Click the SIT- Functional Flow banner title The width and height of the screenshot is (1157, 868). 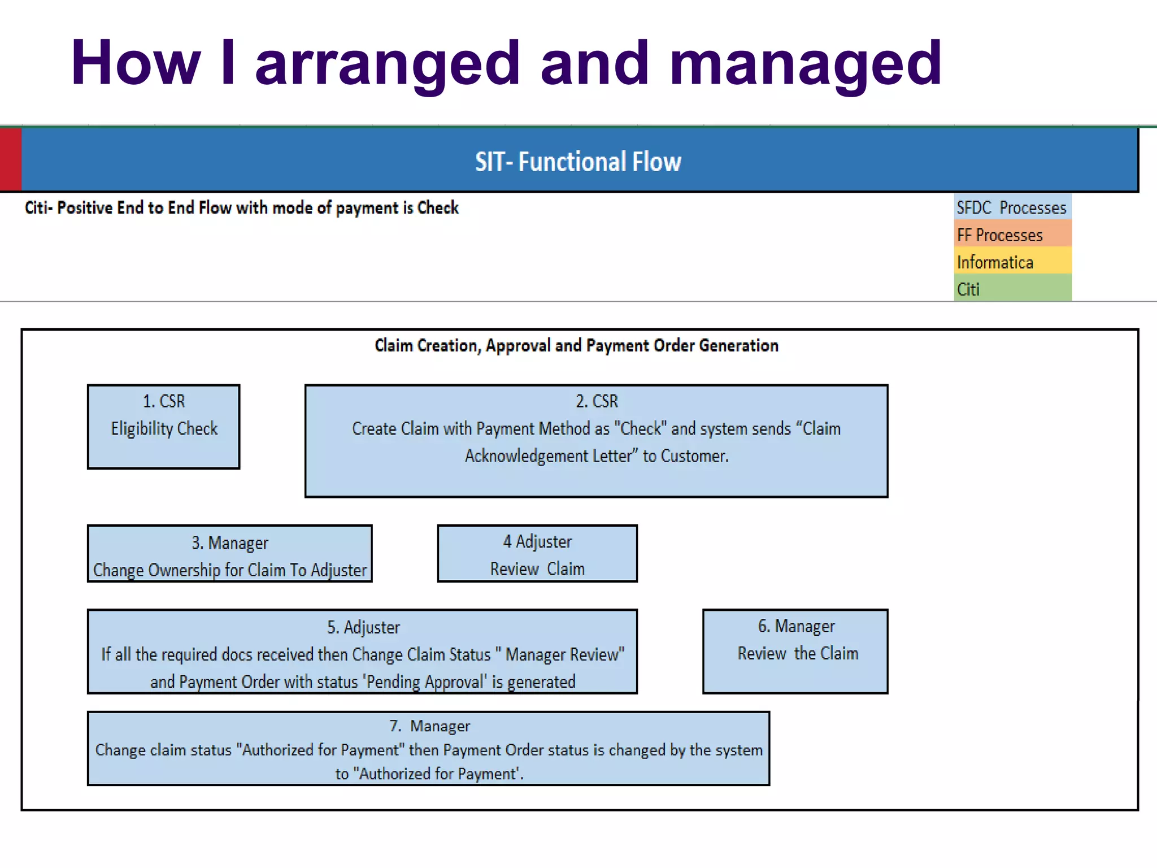(x=578, y=162)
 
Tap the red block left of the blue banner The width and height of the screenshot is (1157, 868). (x=10, y=159)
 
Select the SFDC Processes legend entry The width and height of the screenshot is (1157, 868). (x=1012, y=207)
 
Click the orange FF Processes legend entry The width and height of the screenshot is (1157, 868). (x=1012, y=235)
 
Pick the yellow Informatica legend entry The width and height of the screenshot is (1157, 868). (x=1012, y=262)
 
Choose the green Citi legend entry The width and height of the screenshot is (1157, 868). (x=1012, y=289)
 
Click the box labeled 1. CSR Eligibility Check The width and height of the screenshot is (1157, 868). (x=164, y=427)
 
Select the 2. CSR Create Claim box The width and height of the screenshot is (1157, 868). (x=596, y=441)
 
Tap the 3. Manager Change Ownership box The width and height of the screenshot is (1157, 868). (x=229, y=554)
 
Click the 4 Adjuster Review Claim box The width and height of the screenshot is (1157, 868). (x=537, y=554)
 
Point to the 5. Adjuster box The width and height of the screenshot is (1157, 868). (x=362, y=652)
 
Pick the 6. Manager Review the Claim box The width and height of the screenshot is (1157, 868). (x=795, y=652)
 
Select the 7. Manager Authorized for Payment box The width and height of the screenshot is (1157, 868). (x=428, y=749)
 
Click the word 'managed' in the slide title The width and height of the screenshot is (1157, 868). (x=805, y=63)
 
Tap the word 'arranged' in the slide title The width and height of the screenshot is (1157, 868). (x=387, y=63)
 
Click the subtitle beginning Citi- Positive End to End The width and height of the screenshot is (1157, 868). (x=241, y=208)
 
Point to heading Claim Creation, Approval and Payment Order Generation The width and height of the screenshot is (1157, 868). (x=576, y=345)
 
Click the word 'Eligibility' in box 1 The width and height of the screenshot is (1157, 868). (x=142, y=428)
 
